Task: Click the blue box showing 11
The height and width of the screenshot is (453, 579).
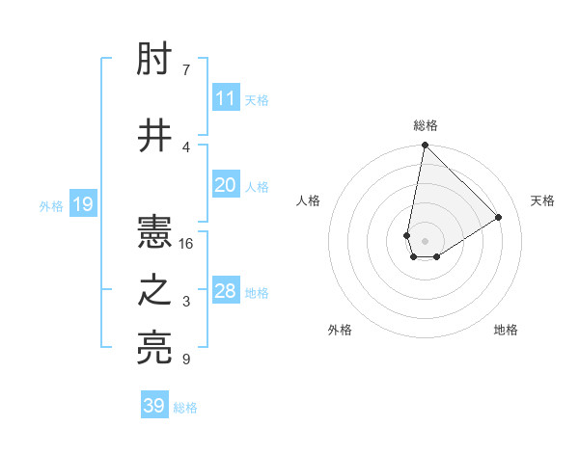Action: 226,98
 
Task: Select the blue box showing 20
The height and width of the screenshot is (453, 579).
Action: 226,185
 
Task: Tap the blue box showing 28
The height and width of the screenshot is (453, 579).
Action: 226,291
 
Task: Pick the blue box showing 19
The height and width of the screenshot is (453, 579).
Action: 82,204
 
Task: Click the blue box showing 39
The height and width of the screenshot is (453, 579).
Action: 154,406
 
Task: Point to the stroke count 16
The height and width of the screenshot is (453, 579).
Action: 186,244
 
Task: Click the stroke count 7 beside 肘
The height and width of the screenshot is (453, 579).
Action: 185,70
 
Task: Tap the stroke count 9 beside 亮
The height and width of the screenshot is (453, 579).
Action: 185,360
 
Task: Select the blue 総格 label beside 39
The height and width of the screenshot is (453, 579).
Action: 185,408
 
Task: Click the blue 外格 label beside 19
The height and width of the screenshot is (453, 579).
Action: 51,206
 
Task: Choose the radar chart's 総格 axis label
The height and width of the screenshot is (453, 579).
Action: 425,125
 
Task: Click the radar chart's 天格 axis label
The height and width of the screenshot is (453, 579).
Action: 542,200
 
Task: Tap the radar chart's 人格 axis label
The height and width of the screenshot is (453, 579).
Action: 308,200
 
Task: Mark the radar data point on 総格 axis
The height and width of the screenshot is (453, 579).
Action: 425,146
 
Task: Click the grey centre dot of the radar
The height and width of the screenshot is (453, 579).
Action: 425,239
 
